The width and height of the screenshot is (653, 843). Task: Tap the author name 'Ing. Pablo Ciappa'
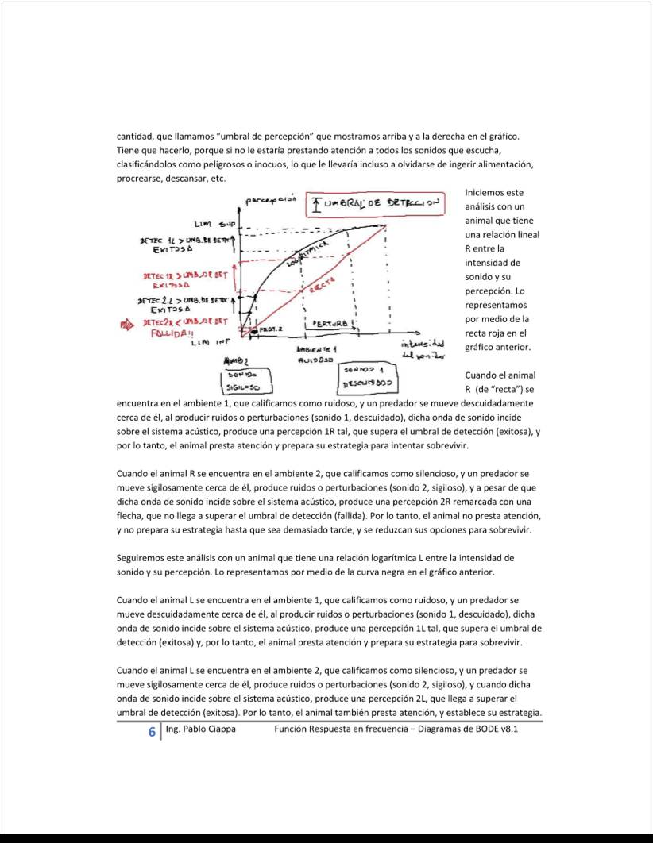(199, 729)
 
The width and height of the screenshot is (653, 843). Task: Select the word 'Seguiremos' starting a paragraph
(144, 558)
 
